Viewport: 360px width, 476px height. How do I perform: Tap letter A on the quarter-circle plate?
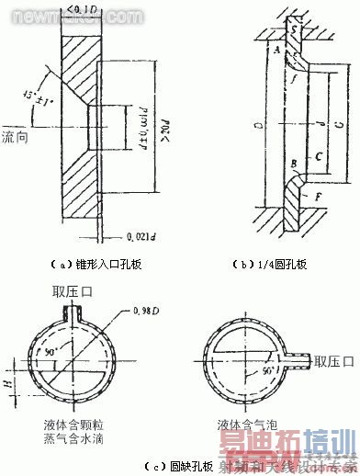coord(276,52)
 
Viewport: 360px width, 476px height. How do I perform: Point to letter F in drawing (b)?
coord(317,198)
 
